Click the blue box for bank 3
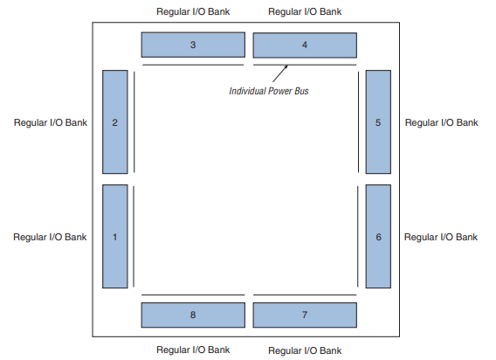click(x=193, y=45)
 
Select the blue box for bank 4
click(x=305, y=45)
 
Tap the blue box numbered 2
click(x=115, y=122)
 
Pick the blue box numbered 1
click(x=115, y=236)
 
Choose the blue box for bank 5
click(x=377, y=122)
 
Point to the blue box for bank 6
click(x=377, y=236)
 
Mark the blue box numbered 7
click(x=305, y=315)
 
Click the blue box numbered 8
click(x=193, y=315)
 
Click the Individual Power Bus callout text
click(x=269, y=91)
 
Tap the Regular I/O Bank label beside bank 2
click(x=50, y=122)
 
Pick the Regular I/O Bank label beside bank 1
click(x=50, y=237)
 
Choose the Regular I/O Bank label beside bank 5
click(x=442, y=122)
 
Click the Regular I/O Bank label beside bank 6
click(x=442, y=237)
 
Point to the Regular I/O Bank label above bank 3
click(x=192, y=12)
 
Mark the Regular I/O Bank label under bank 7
click(x=305, y=350)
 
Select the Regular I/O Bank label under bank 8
click(x=192, y=349)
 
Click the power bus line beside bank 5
click(x=359, y=122)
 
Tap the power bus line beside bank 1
click(x=134, y=236)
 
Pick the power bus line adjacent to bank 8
click(x=193, y=296)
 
